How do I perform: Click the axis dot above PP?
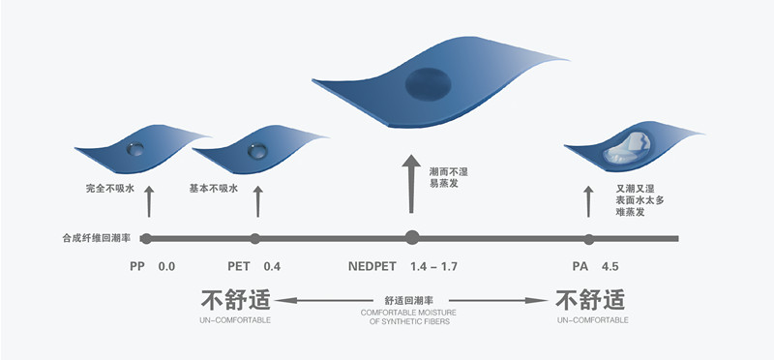coord(147,238)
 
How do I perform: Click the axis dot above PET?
coord(255,238)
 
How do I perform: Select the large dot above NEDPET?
coord(412,237)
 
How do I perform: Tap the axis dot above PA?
coord(588,238)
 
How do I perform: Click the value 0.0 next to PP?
coord(166,265)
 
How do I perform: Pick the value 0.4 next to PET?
coord(275,265)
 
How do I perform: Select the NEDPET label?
coord(373,265)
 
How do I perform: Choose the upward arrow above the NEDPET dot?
coord(411,184)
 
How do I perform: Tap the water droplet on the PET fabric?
coord(256,150)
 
